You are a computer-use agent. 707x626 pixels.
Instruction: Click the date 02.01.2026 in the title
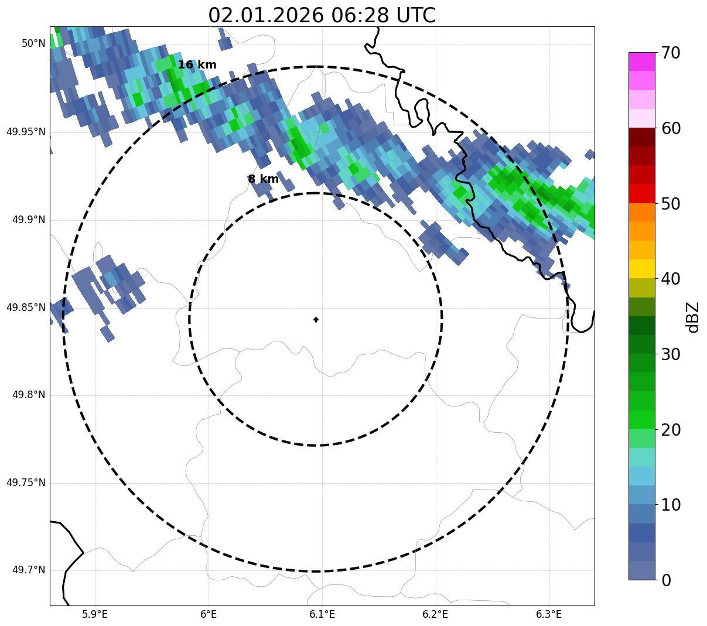[265, 15]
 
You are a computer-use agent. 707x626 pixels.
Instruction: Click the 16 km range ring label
[197, 65]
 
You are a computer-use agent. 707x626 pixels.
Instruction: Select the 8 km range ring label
[263, 179]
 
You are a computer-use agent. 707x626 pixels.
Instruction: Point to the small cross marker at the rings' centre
[316, 319]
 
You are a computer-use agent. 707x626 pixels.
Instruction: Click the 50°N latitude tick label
[33, 43]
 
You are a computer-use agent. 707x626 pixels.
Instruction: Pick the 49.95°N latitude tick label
[26, 132]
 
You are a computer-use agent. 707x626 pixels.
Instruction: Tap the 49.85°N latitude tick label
[26, 307]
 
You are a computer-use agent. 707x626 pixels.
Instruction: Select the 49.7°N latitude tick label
[29, 570]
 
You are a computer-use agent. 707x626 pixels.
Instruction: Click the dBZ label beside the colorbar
[692, 317]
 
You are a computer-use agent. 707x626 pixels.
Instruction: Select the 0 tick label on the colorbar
[666, 580]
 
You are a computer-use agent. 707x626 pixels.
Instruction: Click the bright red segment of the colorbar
[641, 193]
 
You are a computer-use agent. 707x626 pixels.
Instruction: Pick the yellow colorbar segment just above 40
[641, 269]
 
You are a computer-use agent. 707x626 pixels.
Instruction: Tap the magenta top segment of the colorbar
[641, 61]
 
